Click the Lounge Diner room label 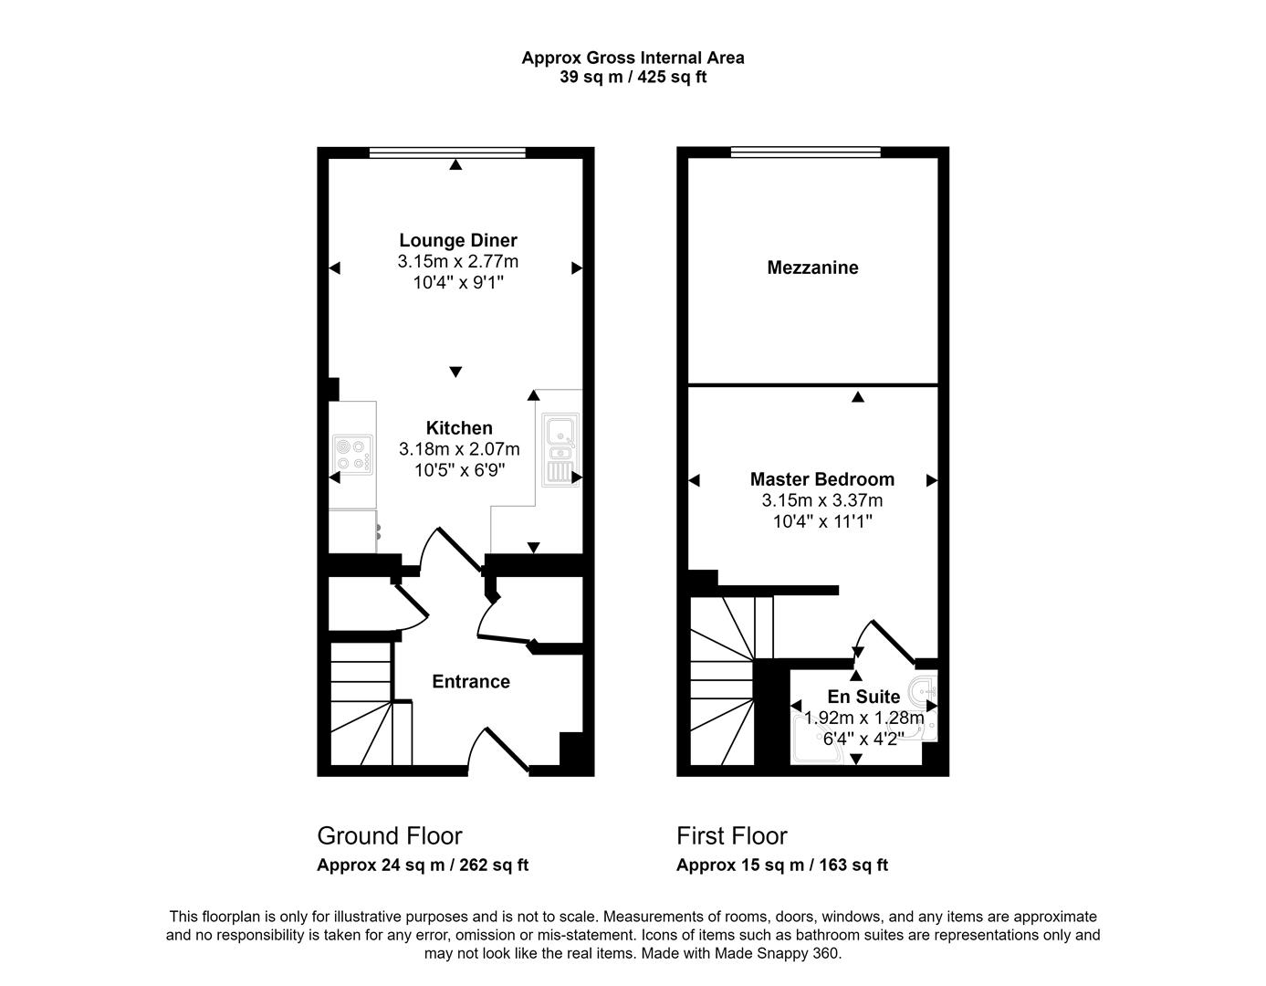pos(457,240)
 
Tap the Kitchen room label pos(459,427)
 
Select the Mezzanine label pos(812,267)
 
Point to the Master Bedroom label pos(821,478)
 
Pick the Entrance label pos(470,681)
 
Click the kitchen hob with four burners pos(353,454)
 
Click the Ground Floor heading pos(389,835)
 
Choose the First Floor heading pos(731,835)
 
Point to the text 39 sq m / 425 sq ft pos(633,77)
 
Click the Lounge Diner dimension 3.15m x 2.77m pos(457,261)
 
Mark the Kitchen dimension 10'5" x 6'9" pos(459,470)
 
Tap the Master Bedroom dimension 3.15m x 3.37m pos(821,500)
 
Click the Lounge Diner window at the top pos(447,152)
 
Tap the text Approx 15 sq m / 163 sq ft pos(781,865)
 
